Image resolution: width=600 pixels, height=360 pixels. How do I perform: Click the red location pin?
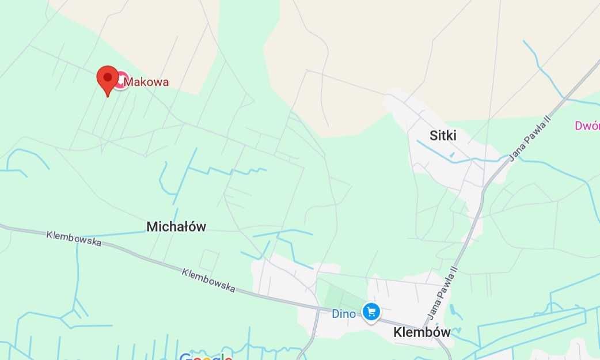(107, 79)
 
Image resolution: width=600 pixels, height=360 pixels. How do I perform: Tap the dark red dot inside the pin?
(107, 77)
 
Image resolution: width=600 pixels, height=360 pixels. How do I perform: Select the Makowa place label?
(147, 82)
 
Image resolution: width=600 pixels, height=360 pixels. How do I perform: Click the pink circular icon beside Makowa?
(120, 81)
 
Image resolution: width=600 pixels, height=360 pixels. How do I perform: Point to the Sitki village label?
(443, 136)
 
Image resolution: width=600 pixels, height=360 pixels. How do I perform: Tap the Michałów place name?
(176, 227)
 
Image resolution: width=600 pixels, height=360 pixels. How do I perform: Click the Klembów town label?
(421, 332)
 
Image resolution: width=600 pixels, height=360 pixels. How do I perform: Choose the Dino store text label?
(344, 314)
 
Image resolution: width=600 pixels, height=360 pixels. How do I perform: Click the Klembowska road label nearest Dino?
(208, 280)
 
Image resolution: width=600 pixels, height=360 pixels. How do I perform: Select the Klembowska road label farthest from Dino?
(74, 238)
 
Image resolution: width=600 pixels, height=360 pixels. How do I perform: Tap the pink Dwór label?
(587, 126)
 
